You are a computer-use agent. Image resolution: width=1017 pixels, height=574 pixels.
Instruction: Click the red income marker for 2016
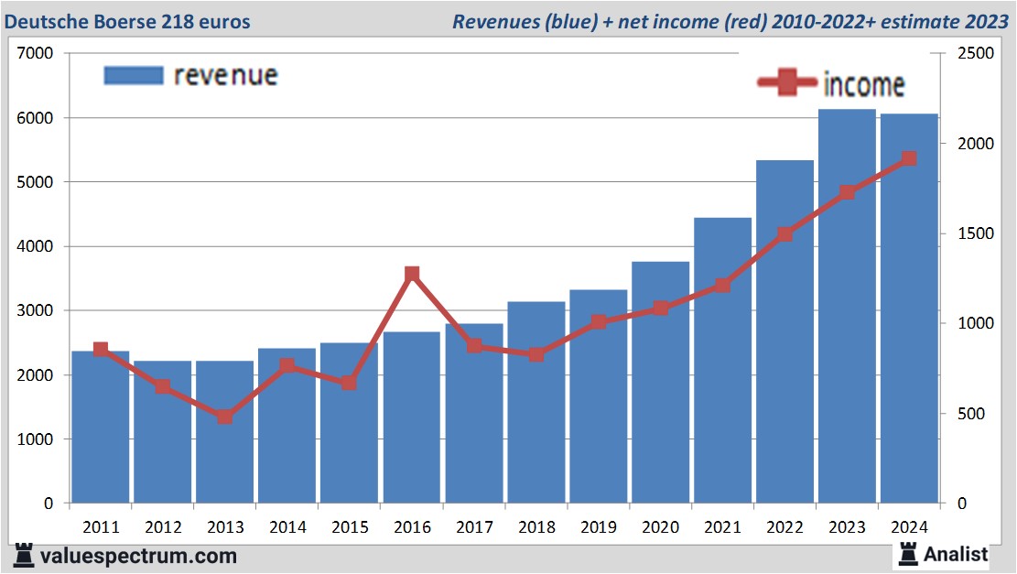[x=412, y=274]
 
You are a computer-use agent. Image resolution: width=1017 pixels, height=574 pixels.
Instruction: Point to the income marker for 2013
[x=225, y=417]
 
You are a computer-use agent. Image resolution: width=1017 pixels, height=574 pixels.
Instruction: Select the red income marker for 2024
[x=909, y=158]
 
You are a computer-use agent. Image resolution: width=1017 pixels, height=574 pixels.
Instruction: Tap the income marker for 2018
[x=536, y=354]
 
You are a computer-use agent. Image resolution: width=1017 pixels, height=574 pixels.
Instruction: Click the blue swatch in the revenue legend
[x=133, y=74]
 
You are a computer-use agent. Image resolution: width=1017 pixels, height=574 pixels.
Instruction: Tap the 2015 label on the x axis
[x=350, y=527]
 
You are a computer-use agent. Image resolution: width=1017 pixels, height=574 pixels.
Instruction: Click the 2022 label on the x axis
[x=784, y=527]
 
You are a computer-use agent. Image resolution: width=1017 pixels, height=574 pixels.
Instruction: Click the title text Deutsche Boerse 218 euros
[x=127, y=21]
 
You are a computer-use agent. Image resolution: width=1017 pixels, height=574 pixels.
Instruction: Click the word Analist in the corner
[x=956, y=554]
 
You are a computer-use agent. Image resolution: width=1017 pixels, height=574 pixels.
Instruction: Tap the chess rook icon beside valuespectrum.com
[x=24, y=555]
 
